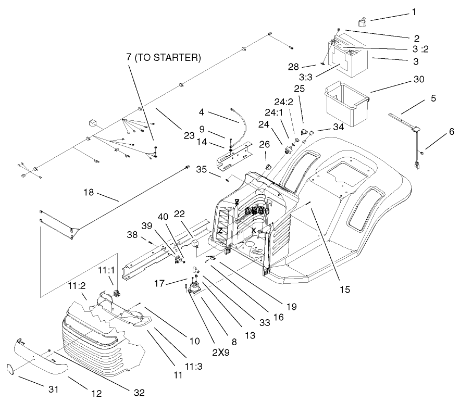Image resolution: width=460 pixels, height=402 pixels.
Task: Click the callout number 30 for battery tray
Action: [x=419, y=79]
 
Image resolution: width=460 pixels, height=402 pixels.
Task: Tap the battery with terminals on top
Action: [x=347, y=57]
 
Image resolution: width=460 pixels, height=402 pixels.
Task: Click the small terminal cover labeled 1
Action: [x=361, y=22]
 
